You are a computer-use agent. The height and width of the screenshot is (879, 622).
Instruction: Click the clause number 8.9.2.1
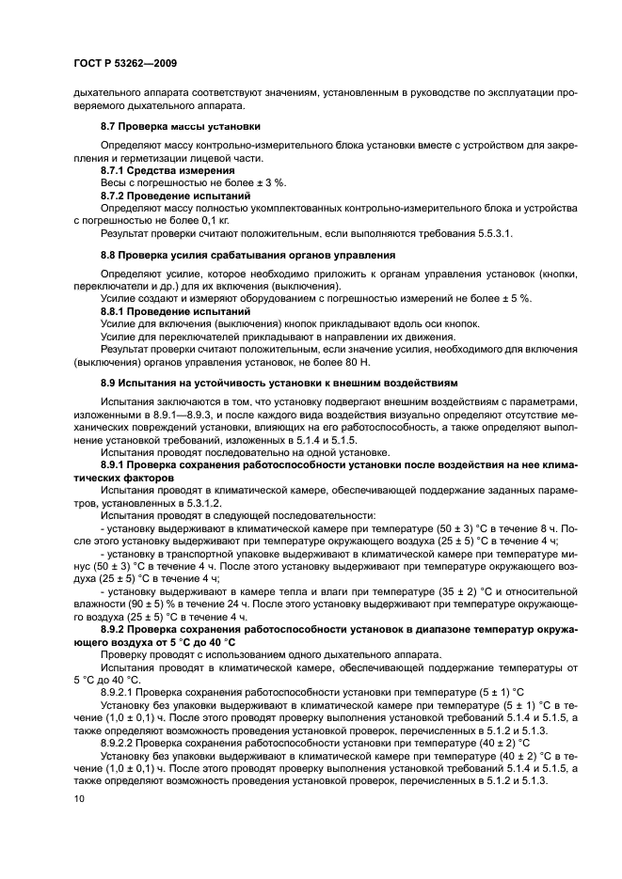pyautogui.click(x=121, y=692)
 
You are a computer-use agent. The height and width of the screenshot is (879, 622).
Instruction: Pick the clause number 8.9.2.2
pyautogui.click(x=121, y=743)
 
